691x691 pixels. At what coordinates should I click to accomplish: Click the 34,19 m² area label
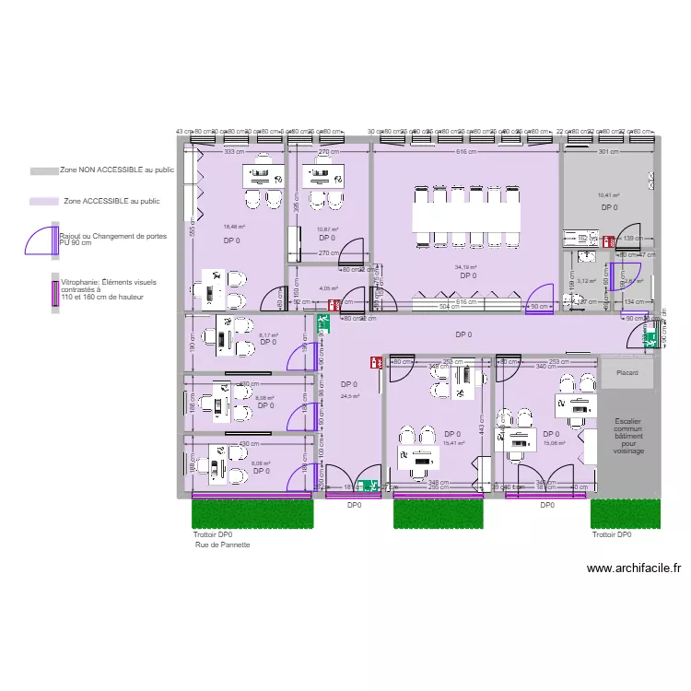click(x=467, y=268)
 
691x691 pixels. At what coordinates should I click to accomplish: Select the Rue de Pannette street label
click(x=222, y=545)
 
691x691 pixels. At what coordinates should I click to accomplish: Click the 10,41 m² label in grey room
click(x=608, y=195)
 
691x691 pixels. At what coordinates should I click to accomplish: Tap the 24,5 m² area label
click(x=350, y=396)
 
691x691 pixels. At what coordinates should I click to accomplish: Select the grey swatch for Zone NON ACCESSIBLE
click(x=42, y=171)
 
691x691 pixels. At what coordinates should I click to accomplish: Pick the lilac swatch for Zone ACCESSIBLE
click(x=42, y=201)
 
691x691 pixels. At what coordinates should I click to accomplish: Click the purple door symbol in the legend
click(x=42, y=239)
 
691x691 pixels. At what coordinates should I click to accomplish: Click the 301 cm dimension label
click(x=607, y=151)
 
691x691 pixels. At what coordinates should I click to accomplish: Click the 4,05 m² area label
click(x=329, y=288)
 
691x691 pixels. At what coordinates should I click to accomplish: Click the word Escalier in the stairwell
click(x=628, y=421)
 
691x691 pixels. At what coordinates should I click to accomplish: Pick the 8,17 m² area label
click(x=268, y=335)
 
